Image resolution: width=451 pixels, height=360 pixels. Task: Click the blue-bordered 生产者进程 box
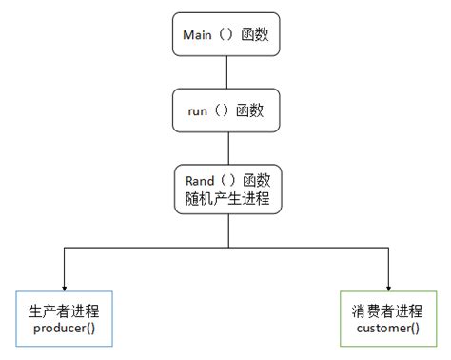64,317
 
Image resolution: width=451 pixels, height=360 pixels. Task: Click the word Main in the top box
198,35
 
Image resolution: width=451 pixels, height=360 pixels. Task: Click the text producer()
64,328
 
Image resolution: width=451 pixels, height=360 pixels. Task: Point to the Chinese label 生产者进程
64,309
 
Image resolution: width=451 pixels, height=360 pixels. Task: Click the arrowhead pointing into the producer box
64,286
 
